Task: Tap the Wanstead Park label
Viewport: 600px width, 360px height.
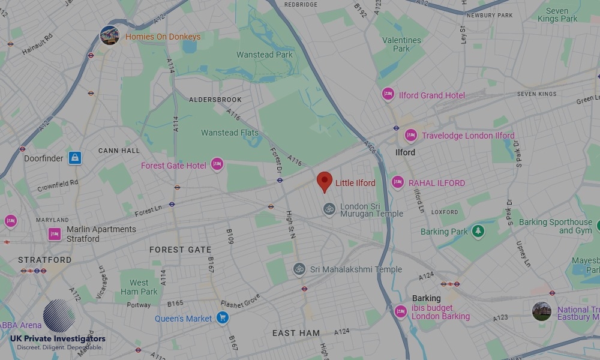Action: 265,55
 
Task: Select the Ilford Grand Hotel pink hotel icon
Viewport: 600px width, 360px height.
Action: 388,95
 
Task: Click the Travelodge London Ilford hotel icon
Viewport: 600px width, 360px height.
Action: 411,136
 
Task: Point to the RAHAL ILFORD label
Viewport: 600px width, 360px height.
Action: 437,183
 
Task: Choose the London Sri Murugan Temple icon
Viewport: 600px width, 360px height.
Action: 329,209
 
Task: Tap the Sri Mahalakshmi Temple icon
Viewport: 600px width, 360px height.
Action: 299,269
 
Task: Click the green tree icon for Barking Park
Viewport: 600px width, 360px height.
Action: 478,231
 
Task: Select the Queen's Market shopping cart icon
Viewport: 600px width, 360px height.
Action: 223,318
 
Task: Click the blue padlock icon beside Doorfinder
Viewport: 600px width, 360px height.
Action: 74,158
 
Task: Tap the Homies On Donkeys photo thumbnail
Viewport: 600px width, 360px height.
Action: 109,36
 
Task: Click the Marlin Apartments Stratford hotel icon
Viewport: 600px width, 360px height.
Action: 55,234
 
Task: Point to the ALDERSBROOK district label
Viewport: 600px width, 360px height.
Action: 215,100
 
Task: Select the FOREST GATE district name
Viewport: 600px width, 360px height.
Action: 180,250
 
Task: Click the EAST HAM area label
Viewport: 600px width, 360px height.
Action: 296,333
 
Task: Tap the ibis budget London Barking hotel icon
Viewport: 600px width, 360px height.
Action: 401,312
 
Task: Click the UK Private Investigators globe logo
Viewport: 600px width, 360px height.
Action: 59,316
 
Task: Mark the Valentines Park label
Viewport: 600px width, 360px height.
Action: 401,44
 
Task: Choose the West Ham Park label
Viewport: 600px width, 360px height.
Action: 139,287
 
